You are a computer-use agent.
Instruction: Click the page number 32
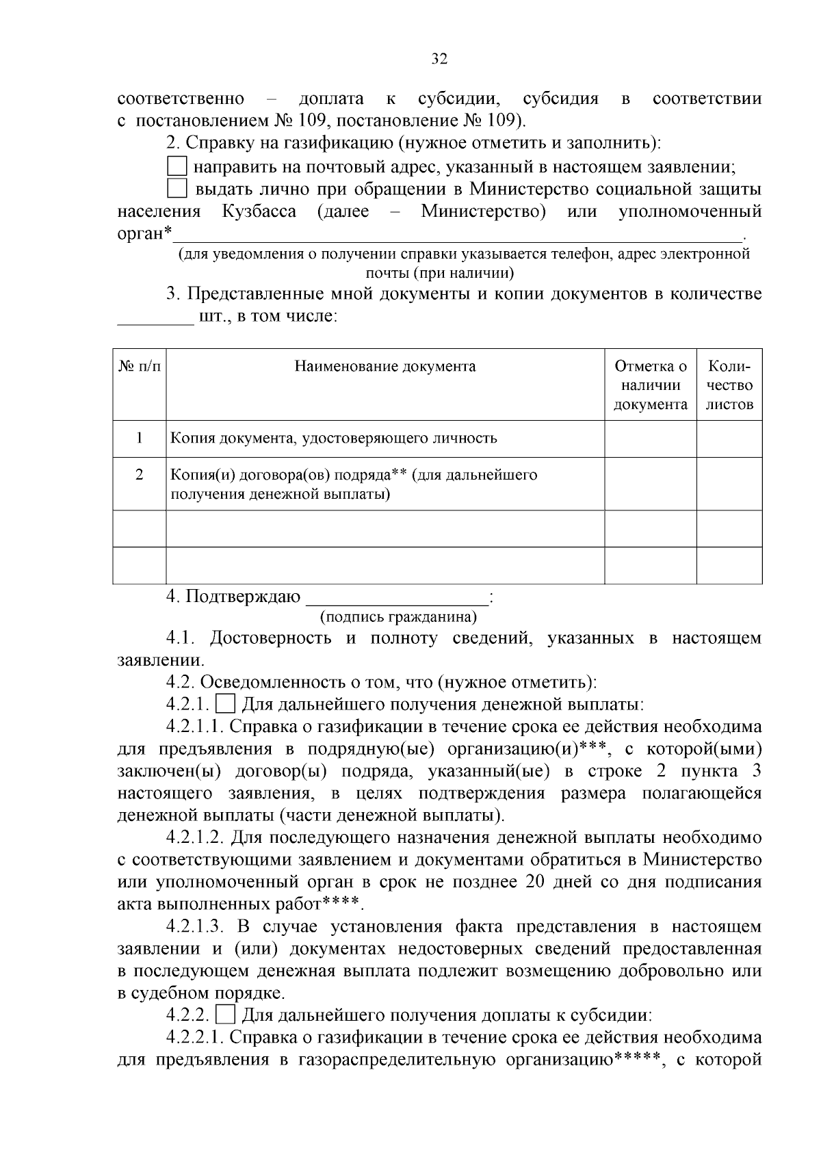[439, 60]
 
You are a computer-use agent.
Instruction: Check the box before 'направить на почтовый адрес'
[177, 166]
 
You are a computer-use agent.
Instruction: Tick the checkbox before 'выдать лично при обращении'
[177, 188]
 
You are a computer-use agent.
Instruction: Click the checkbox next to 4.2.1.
[225, 704]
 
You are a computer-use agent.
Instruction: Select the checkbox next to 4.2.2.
[225, 1015]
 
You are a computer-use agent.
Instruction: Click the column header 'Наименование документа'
[385, 366]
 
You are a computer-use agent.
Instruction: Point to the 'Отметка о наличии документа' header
[650, 384]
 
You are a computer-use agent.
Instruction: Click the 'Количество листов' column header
[729, 384]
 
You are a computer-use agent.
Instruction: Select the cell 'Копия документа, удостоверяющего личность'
[333, 438]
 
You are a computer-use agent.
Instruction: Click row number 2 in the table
[140, 475]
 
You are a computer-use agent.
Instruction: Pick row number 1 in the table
[140, 438]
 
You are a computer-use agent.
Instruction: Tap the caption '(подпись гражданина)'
[398, 617]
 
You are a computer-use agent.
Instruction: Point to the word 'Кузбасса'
[259, 211]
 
